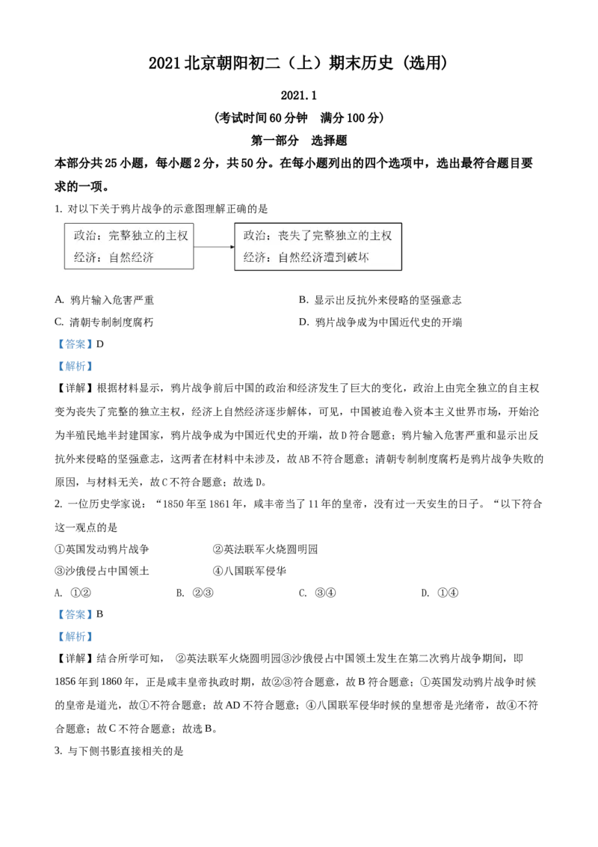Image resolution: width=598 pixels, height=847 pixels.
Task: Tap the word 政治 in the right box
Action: [x=254, y=236]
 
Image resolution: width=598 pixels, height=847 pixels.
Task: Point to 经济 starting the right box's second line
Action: [x=254, y=258]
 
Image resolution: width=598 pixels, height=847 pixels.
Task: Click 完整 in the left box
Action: [x=119, y=236]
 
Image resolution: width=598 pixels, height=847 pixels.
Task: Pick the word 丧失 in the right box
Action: [x=289, y=236]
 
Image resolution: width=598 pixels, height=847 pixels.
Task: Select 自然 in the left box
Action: [x=119, y=258]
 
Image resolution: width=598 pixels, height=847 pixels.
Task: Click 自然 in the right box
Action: [x=289, y=258]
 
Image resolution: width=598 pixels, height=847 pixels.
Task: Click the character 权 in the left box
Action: [x=182, y=236]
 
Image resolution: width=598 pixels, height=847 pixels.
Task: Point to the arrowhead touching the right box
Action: [x=232, y=245]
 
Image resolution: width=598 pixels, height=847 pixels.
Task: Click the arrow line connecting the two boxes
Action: [x=212, y=245]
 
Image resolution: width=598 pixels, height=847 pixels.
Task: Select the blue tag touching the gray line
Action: [x=75, y=367]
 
